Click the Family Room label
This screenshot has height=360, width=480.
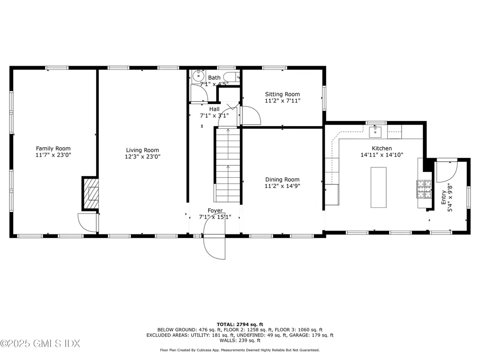click(53, 148)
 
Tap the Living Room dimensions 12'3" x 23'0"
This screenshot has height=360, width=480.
click(142, 157)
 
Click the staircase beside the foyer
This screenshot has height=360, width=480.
click(228, 164)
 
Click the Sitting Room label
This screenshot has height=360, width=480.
click(282, 94)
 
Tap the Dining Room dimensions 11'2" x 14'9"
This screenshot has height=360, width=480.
click(282, 186)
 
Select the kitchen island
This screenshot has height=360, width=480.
click(378, 187)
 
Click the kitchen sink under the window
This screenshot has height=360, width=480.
click(376, 132)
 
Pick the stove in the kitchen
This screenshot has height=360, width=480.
click(425, 189)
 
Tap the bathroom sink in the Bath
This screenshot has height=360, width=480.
click(198, 75)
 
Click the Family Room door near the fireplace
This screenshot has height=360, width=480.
click(87, 222)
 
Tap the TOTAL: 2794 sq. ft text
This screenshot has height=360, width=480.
click(240, 324)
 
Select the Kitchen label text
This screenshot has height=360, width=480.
click(382, 148)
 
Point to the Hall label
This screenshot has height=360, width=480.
click(214, 109)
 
